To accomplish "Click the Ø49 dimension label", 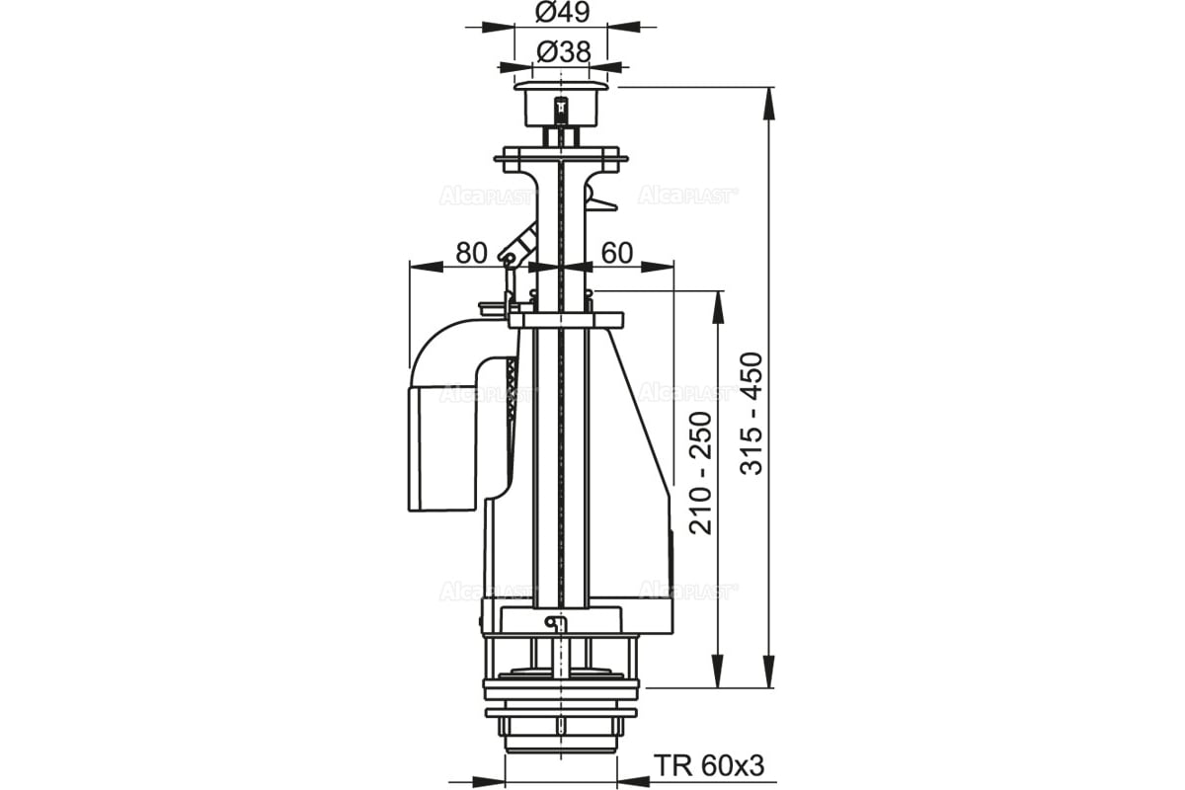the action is coord(562,12).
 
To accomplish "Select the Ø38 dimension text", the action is coord(563,52).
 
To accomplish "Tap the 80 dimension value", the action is coord(471,253).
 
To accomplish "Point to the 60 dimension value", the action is coord(617,253).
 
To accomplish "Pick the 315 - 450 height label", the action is coord(751,413).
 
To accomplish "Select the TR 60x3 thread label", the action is coord(709,765).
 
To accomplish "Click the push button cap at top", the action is coord(561,104).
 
